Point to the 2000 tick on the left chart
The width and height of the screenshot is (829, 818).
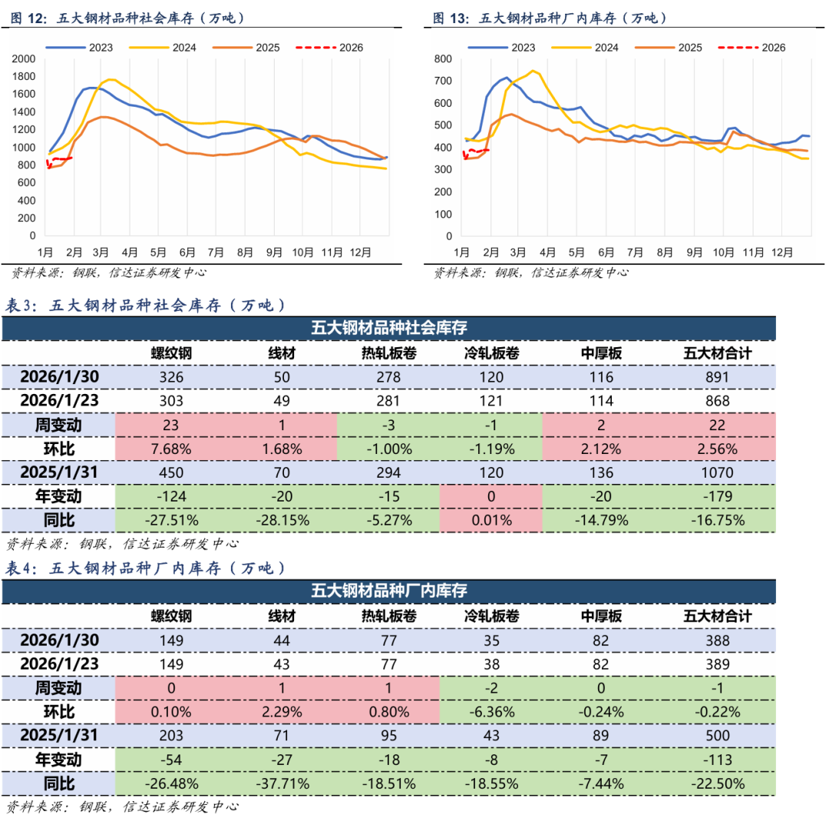25,58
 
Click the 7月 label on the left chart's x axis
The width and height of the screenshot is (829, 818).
216,251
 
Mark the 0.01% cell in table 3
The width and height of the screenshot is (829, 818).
491,520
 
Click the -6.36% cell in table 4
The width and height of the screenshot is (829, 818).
491,711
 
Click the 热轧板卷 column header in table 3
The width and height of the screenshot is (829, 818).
389,353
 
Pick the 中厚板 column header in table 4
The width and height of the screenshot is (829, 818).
601,616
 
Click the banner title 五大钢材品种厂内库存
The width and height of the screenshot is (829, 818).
389,591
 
